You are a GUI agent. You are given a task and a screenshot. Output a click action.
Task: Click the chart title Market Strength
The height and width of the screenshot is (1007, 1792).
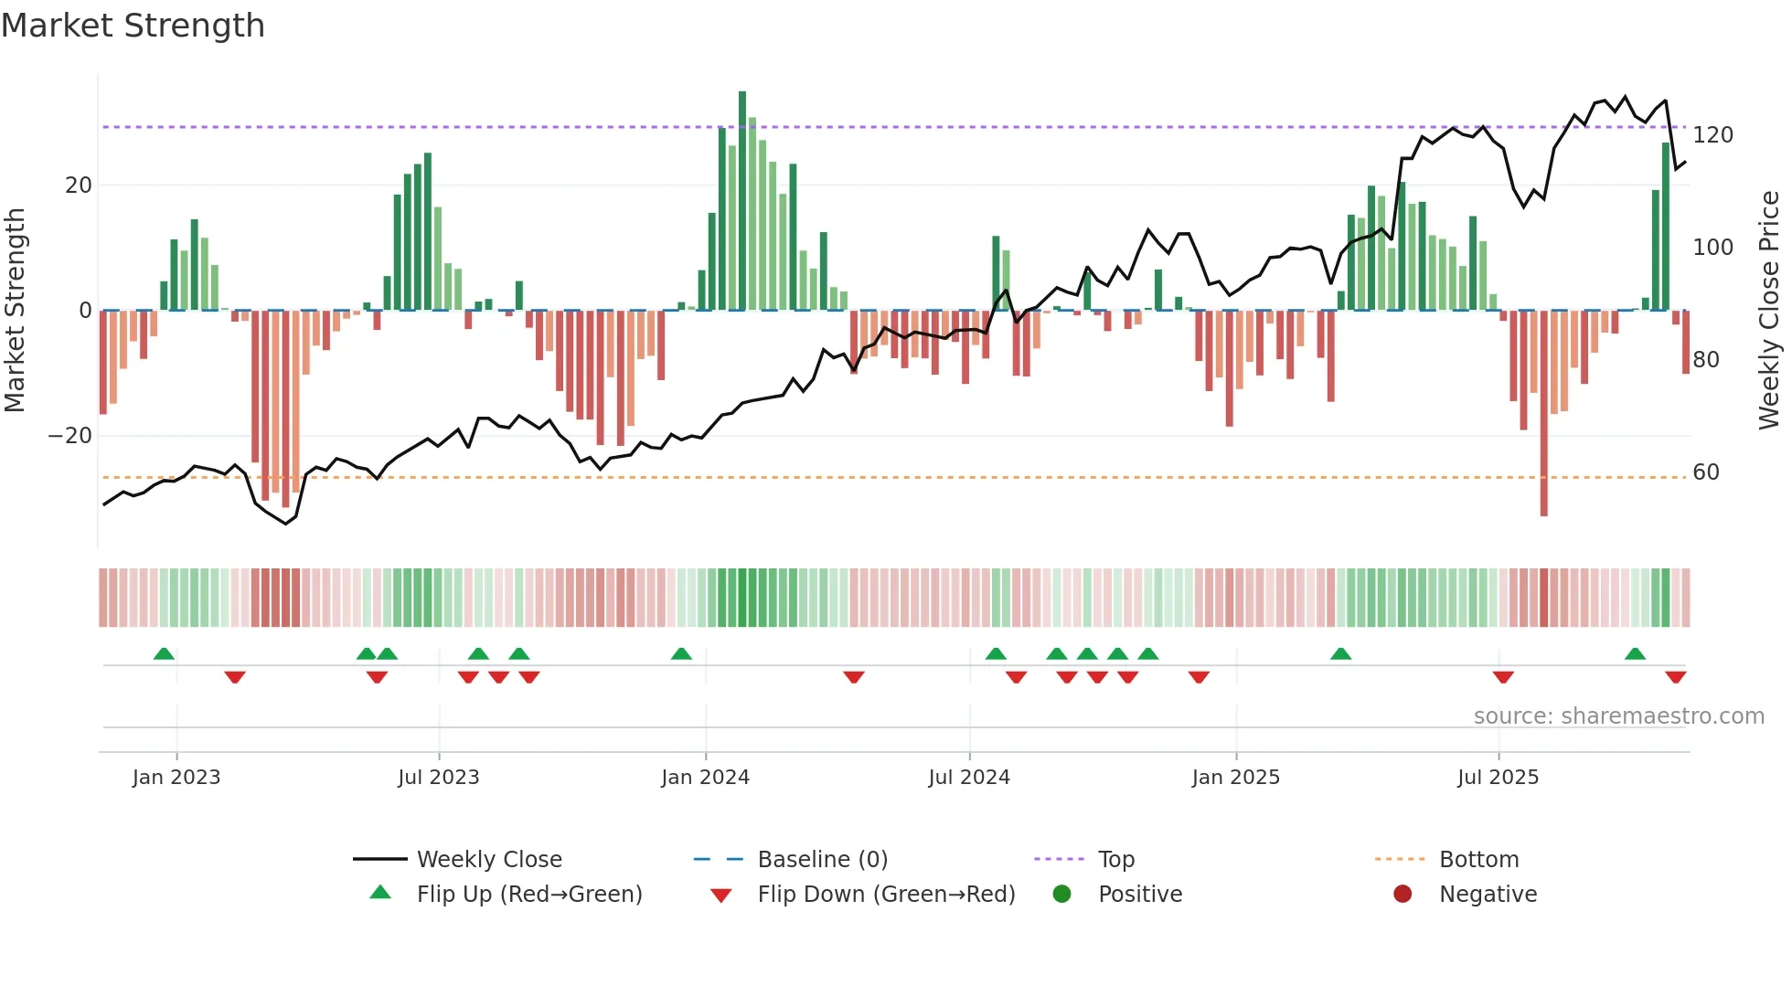coord(133,26)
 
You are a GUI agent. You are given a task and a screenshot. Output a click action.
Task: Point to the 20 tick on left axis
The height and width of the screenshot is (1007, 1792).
coord(79,185)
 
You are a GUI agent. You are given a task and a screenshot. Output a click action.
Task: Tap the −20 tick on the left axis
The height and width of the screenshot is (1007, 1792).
coord(71,436)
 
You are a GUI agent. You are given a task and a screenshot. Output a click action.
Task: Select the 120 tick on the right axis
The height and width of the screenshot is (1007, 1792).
coord(1712,135)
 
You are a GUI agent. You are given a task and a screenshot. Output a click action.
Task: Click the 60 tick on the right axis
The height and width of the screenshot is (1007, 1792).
coord(1706,472)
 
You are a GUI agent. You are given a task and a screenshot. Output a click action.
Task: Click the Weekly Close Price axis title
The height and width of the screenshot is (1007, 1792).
coord(1769,311)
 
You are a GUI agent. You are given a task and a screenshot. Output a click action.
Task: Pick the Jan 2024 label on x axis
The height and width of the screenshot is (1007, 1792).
coord(705,778)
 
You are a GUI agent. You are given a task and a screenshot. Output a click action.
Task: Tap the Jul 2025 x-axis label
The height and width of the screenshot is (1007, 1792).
coord(1498,778)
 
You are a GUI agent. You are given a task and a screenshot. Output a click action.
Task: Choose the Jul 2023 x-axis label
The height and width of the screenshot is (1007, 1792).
coord(438,778)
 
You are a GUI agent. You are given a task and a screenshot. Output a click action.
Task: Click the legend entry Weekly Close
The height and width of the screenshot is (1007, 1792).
coord(489,860)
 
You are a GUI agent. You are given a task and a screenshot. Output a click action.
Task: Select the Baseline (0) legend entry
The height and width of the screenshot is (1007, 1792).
coord(822,860)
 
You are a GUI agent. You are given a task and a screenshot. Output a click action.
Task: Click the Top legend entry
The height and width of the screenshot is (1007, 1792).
coord(1115,860)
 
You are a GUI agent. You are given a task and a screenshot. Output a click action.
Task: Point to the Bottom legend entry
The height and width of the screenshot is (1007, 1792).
coord(1478,860)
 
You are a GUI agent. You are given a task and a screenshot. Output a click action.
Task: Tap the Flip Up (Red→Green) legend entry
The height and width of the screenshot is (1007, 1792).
coord(529,895)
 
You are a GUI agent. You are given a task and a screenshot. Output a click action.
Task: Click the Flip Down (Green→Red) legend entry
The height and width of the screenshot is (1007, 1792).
coord(886,895)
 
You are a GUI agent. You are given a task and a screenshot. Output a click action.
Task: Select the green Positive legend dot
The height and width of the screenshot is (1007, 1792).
coord(1061,895)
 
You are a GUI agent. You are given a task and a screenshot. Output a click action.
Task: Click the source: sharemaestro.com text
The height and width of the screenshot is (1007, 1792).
coord(1618,716)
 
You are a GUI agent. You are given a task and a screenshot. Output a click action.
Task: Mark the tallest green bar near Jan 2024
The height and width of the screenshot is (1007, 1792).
coord(742,201)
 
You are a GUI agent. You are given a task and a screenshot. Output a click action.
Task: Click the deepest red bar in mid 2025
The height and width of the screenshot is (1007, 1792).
coord(1543,413)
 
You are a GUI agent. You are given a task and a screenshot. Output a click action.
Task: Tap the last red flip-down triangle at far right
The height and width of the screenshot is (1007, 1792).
coord(1675,677)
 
